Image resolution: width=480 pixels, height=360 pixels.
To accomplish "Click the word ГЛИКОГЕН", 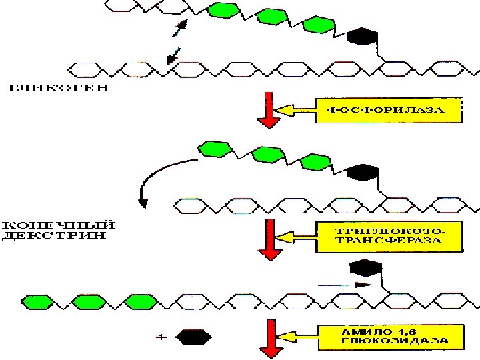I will click(x=57, y=89).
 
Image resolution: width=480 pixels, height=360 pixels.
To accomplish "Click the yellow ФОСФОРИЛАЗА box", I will click(x=388, y=110).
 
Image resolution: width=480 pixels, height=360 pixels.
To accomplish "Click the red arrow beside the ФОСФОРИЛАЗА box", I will click(x=269, y=109).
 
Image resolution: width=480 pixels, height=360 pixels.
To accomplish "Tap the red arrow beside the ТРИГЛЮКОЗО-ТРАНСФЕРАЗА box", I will click(x=269, y=237).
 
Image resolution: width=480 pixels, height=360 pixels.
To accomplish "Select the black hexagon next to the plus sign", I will click(x=192, y=337).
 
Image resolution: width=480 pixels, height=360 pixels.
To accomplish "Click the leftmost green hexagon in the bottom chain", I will click(x=37, y=301).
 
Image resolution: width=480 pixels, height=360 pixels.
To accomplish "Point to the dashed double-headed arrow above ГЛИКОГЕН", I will click(x=177, y=41).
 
